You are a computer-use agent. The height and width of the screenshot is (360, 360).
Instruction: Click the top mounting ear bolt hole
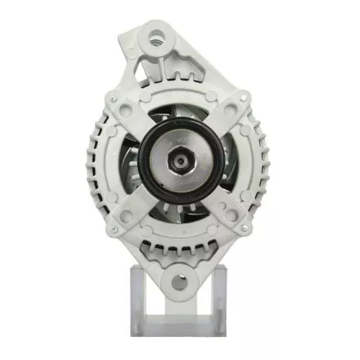[x=156, y=33]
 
